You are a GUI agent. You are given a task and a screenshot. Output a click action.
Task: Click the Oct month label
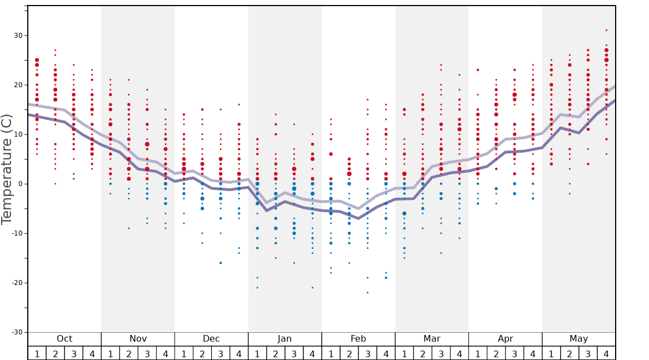pyautogui.click(x=64, y=339)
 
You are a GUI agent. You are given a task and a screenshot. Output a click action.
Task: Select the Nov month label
pyautogui.click(x=138, y=339)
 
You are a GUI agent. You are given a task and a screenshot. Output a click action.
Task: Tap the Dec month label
pyautogui.click(x=211, y=339)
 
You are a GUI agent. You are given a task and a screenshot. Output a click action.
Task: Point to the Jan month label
pyautogui.click(x=284, y=339)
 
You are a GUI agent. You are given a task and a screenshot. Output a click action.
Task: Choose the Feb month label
pyautogui.click(x=358, y=339)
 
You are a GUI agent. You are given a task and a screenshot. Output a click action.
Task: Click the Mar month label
pyautogui.click(x=432, y=339)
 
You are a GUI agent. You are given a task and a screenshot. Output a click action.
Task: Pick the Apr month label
pyautogui.click(x=505, y=339)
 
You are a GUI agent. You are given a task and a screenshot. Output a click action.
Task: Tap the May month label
pyautogui.click(x=578, y=339)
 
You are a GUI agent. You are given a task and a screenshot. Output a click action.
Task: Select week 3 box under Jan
pyautogui.click(x=294, y=353)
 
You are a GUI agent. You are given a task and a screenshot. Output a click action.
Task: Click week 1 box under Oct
pyautogui.click(x=37, y=353)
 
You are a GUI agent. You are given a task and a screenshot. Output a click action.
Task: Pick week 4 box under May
pyautogui.click(x=606, y=353)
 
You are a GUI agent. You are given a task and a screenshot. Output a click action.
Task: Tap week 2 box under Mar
pyautogui.click(x=422, y=353)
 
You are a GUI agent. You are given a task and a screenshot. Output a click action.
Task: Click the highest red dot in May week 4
pyautogui.click(x=606, y=31)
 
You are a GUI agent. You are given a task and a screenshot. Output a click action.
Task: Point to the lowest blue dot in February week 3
pyautogui.click(x=367, y=292)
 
